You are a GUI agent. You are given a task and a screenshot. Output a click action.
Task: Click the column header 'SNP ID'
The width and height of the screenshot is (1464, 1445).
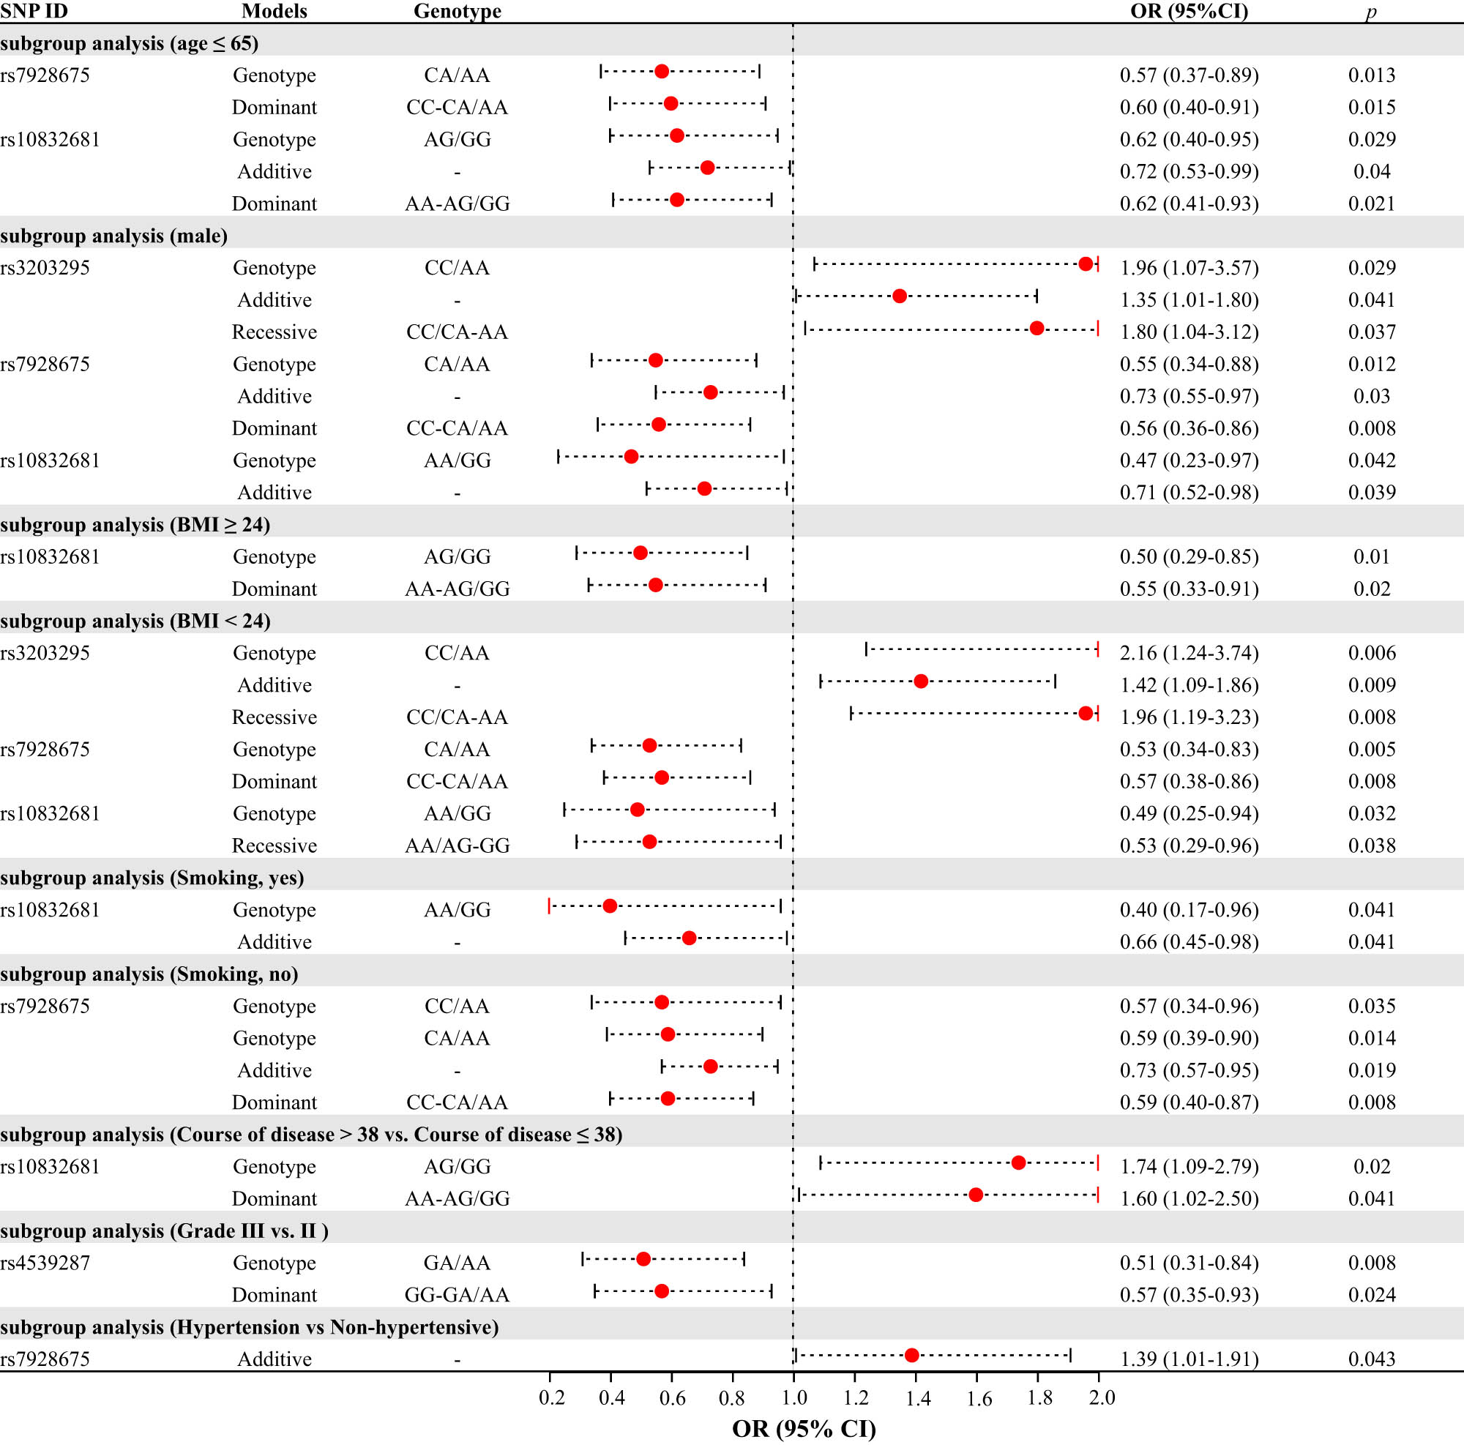pyautogui.click(x=34, y=10)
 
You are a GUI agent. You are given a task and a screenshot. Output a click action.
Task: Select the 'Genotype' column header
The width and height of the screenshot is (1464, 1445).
pyautogui.click(x=457, y=10)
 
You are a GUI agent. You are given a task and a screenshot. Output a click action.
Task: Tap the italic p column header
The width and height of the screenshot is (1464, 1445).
pyautogui.click(x=1371, y=10)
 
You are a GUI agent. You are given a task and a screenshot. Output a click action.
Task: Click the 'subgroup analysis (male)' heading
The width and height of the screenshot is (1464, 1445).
pyautogui.click(x=113, y=236)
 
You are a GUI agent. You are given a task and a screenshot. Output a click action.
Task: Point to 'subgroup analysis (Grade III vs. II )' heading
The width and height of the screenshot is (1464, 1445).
pyautogui.click(x=164, y=1231)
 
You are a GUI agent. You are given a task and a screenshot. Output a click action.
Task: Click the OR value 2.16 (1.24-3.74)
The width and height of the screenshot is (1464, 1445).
pyautogui.click(x=1189, y=653)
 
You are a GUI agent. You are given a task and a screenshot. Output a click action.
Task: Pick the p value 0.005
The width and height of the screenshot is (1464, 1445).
pyautogui.click(x=1372, y=750)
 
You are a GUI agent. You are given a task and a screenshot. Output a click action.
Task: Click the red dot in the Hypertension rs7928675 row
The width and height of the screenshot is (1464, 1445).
pyautogui.click(x=911, y=1356)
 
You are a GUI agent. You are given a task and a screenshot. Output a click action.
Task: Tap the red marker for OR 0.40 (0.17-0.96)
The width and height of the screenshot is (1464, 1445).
pyautogui.click(x=609, y=906)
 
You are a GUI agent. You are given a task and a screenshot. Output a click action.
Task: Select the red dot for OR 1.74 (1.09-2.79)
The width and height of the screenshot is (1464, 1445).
pyautogui.click(x=1018, y=1163)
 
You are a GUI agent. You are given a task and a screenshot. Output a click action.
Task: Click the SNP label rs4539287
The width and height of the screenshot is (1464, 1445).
pyautogui.click(x=45, y=1263)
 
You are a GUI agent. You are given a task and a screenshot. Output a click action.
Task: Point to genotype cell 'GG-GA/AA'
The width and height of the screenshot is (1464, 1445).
pyautogui.click(x=457, y=1295)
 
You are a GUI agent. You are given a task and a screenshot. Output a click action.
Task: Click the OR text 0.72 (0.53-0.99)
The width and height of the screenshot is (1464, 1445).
pyautogui.click(x=1189, y=172)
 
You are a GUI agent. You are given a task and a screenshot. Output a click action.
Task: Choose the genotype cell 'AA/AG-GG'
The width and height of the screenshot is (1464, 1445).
pyautogui.click(x=457, y=845)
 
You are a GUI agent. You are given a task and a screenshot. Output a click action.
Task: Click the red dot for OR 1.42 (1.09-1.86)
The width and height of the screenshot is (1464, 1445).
pyautogui.click(x=921, y=682)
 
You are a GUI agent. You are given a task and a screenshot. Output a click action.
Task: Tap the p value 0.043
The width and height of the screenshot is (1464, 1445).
pyautogui.click(x=1372, y=1359)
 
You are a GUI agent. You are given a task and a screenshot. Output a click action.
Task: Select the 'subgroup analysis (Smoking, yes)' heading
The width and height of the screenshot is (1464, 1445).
pyautogui.click(x=152, y=878)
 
